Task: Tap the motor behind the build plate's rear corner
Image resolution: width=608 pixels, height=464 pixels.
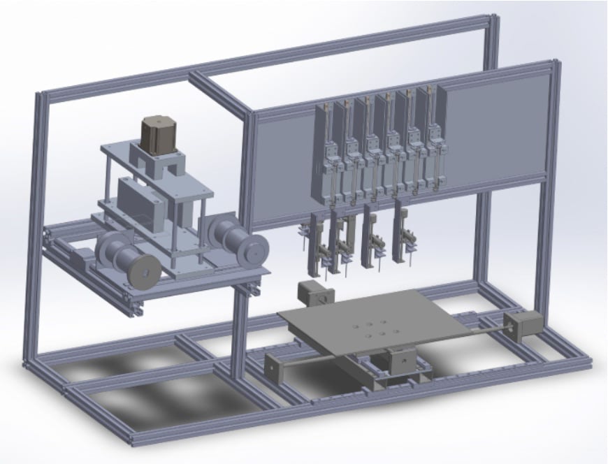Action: (310, 293)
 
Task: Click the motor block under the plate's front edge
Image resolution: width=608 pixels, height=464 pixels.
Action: (400, 360)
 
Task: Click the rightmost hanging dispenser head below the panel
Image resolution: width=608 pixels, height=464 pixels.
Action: (406, 238)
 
